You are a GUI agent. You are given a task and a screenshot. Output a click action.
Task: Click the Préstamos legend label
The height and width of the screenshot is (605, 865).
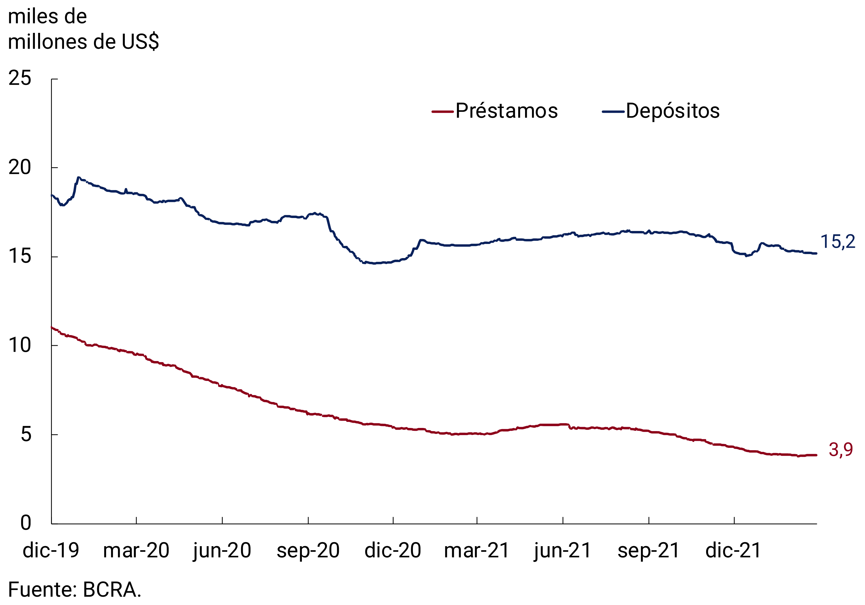(506, 111)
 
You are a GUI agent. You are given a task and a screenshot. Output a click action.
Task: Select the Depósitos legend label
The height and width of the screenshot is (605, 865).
(673, 111)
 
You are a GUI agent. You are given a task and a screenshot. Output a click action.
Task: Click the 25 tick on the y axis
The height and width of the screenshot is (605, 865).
(20, 78)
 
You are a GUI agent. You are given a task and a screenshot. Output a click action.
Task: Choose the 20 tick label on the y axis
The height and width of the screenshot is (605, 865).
(20, 167)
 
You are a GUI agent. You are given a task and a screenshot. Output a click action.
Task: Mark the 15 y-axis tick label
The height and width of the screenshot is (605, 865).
(20, 257)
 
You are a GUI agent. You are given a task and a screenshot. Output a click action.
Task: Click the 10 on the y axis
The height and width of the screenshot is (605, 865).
(20, 345)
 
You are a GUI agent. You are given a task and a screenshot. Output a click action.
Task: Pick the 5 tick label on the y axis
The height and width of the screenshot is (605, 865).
(26, 434)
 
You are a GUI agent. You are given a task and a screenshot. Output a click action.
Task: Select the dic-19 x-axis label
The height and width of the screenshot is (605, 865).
(51, 551)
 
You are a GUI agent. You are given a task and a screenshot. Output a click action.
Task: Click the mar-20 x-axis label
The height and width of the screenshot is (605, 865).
(136, 551)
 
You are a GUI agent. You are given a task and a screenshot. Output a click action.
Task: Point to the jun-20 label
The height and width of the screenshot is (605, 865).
(222, 551)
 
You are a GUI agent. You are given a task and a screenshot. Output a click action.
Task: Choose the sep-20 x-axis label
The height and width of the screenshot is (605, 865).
(308, 551)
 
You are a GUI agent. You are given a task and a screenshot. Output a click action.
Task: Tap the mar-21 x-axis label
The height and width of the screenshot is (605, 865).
(477, 551)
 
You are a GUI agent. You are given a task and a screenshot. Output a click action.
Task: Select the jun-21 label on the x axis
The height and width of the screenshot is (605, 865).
(563, 551)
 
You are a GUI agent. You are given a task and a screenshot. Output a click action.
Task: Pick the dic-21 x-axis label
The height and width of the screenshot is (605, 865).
(734, 551)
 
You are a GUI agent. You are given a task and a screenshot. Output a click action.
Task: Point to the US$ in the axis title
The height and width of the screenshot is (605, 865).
(140, 42)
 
